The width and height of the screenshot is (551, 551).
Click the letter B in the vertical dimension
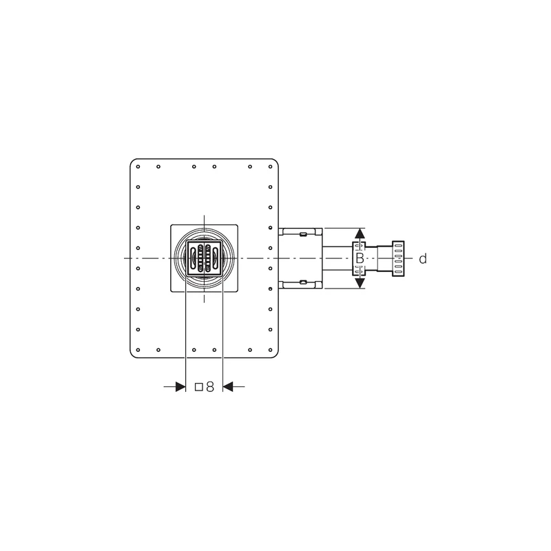pyautogui.click(x=359, y=258)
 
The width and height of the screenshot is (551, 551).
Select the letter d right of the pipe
pyautogui.click(x=423, y=258)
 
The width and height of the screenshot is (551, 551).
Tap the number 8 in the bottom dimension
pyautogui.click(x=209, y=387)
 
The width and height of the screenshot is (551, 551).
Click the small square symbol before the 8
pyautogui.click(x=198, y=387)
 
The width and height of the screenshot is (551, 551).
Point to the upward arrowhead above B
pyautogui.click(x=359, y=235)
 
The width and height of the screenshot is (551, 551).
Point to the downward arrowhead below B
pyautogui.click(x=359, y=282)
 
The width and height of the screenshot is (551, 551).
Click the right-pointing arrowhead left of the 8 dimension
pyautogui.click(x=180, y=387)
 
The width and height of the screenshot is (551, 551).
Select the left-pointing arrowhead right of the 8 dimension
pyautogui.click(x=229, y=387)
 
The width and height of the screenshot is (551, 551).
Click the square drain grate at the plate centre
pyautogui.click(x=205, y=258)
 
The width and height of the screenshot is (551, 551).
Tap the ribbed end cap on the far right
pyautogui.click(x=397, y=258)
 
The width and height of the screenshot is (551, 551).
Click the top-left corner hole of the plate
pyautogui.click(x=138, y=166)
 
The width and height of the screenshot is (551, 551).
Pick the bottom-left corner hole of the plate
pyautogui.click(x=138, y=350)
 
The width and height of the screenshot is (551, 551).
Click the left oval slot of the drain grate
pyautogui.click(x=194, y=258)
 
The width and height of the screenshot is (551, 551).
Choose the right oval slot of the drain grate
pyautogui.click(x=216, y=258)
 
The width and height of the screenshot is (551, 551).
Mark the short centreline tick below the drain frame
pyautogui.click(x=205, y=298)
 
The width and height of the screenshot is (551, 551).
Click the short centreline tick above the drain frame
pyautogui.click(x=205, y=218)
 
